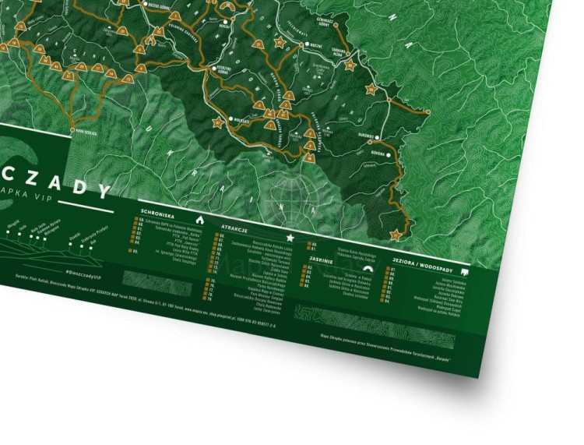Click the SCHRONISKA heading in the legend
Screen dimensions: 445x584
[157, 211]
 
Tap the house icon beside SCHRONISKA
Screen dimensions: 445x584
[200, 219]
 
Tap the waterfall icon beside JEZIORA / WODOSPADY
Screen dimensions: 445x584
[465, 272]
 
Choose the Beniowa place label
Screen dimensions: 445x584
[378, 154]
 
